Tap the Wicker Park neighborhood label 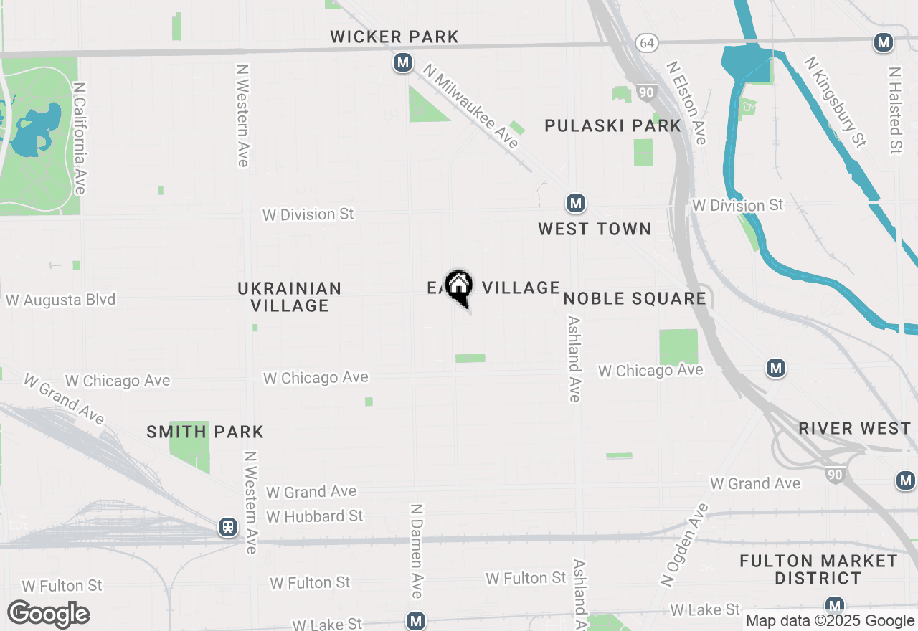pos(394,37)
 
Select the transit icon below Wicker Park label pos(403,63)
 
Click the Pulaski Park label pos(612,125)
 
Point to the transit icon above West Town pos(575,204)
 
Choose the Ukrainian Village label pos(290,297)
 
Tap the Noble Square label pos(635,298)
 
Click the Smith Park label pos(205,432)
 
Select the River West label pos(855,429)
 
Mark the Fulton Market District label pos(818,569)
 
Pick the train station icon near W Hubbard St pos(228,528)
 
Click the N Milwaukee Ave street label pos(470,107)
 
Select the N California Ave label pos(79,138)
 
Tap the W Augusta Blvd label pos(61,300)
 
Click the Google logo pos(48,614)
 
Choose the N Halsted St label pos(894,110)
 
